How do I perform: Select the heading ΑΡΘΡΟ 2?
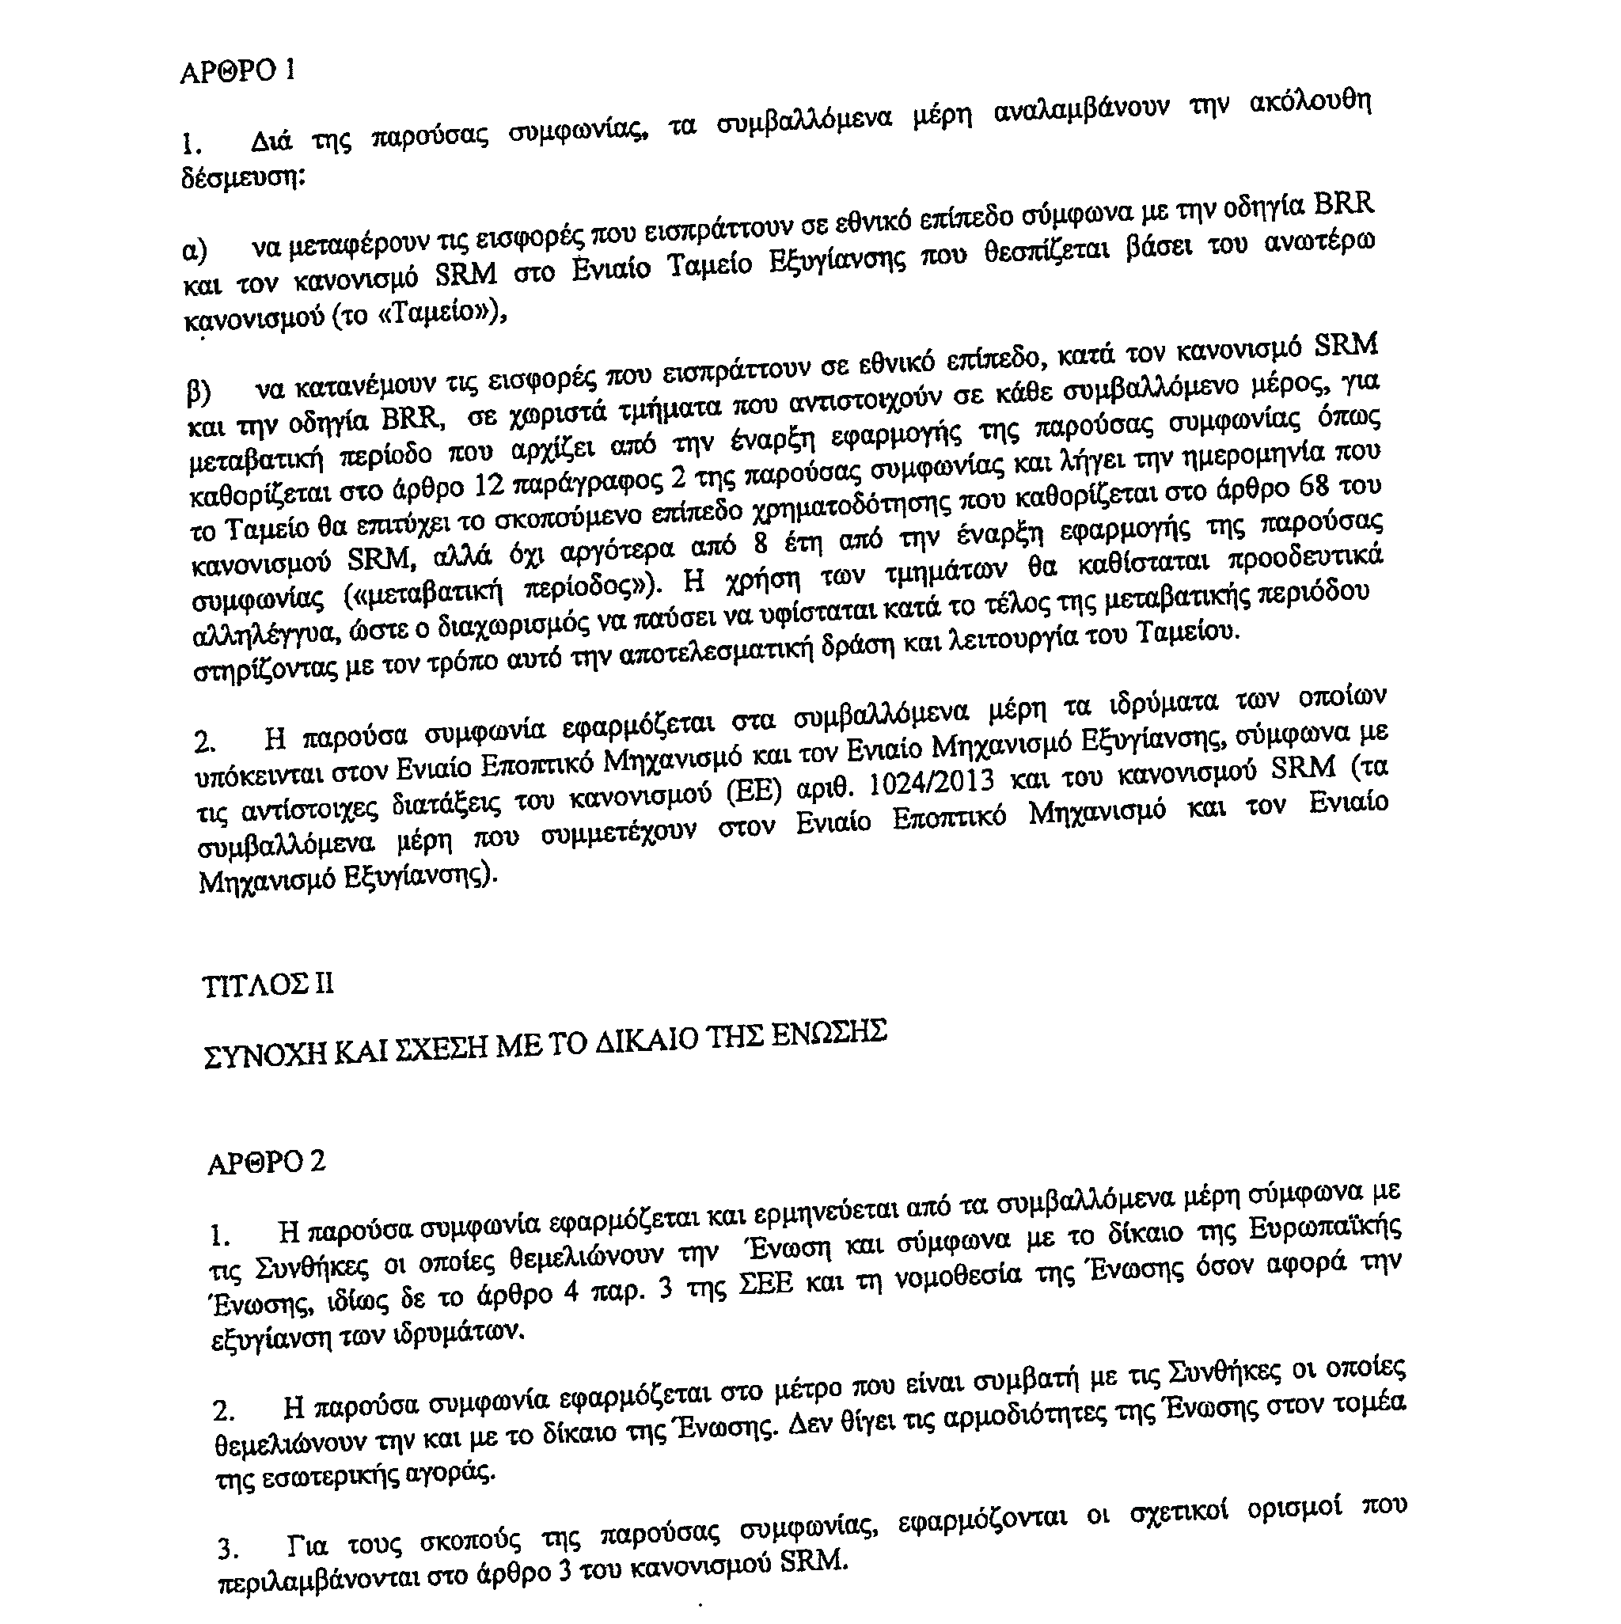(x=266, y=1163)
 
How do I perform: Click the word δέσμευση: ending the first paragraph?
(x=242, y=178)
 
